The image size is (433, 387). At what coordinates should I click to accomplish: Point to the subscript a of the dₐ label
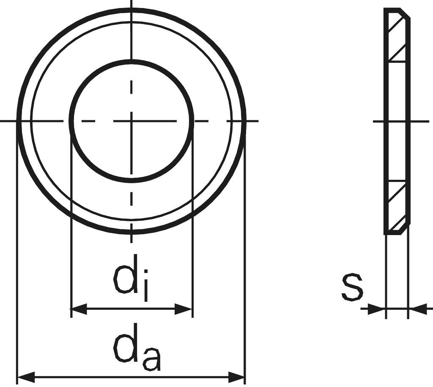tap(151, 358)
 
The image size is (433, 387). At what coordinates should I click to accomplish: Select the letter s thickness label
tap(352, 287)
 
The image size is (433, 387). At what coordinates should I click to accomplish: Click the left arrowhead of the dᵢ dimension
tap(79, 309)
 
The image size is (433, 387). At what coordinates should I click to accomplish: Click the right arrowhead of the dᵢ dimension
tap(184, 309)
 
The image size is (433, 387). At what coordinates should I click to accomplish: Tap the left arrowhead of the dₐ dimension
tap(25, 376)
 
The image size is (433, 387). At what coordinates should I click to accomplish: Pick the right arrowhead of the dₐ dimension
tap(237, 376)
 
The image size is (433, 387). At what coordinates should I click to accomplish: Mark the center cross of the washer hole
tap(132, 121)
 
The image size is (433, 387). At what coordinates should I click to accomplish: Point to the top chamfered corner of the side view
tap(406, 13)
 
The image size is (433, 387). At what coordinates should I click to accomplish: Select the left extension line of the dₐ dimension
tap(16, 253)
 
